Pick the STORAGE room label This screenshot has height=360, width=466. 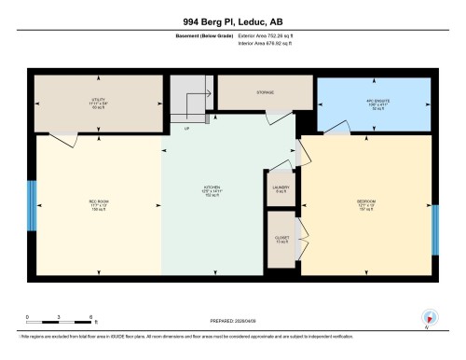click(266, 93)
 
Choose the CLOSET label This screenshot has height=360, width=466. click(281, 238)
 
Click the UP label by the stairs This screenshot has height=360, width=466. click(186, 128)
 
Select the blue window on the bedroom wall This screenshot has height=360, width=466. click(434, 229)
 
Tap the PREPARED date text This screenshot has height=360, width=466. click(232, 317)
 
